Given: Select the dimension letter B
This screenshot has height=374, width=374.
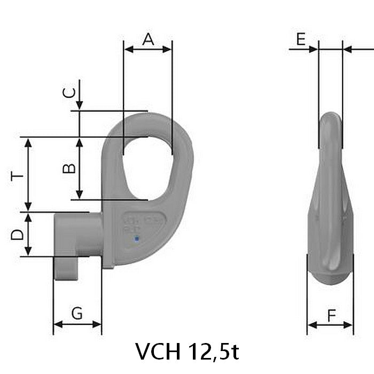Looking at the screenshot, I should coord(69,168).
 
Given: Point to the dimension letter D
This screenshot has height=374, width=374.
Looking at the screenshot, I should coord(17,234).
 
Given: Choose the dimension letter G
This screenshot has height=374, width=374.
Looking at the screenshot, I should coord(77,314).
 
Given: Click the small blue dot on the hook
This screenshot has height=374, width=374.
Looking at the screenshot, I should coord(137,239).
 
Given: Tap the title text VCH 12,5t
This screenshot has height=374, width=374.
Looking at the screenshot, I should coord(187,351).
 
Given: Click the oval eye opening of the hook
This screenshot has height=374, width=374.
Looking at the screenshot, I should coord(147,166).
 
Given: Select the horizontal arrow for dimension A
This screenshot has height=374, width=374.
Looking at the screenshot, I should coord(147,49).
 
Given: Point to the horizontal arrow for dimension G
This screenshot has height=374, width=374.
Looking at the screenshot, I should coord(77,324).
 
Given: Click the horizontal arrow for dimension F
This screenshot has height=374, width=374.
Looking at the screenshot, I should coord(330,324).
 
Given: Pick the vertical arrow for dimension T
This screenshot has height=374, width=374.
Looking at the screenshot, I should coord(29,174).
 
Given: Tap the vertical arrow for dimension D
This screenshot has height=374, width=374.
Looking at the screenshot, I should coord(29,234).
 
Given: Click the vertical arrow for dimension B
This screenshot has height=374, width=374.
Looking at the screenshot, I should coord(79,168).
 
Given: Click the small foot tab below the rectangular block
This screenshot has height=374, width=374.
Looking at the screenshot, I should coord(65,268).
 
